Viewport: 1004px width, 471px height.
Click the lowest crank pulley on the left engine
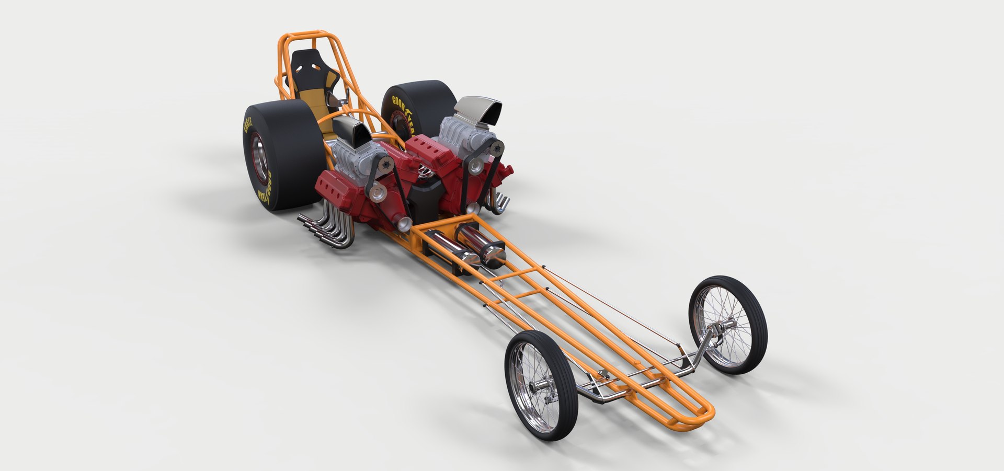pyautogui.click(x=404, y=225)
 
